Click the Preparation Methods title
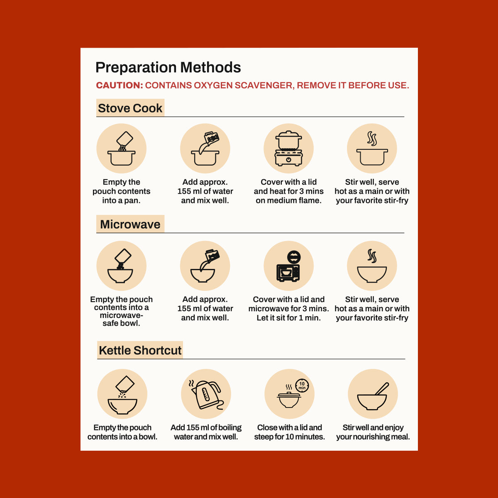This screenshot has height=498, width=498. pos(168,68)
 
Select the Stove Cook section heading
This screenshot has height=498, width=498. pos(130,108)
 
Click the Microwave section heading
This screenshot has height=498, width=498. pos(130,225)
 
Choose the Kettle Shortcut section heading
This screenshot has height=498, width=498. pos(140,350)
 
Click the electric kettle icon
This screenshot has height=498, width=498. pos(206,395)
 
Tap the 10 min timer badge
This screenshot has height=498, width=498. pos(302,386)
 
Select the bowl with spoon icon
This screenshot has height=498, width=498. pos(372,397)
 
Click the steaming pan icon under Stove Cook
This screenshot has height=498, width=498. pos(372,149)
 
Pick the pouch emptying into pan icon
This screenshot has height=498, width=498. pos(122,149)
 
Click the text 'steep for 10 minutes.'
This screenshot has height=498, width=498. pos(289,437)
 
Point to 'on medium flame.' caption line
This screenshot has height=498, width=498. pos(289,200)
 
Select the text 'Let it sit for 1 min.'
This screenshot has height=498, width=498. pos(289,317)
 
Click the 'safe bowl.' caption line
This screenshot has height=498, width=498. pos(121,323)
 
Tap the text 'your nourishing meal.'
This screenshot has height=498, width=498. pos(373,437)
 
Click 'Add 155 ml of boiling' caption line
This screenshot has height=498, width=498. pos(206,427)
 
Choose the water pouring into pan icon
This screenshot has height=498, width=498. pos(205,149)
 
